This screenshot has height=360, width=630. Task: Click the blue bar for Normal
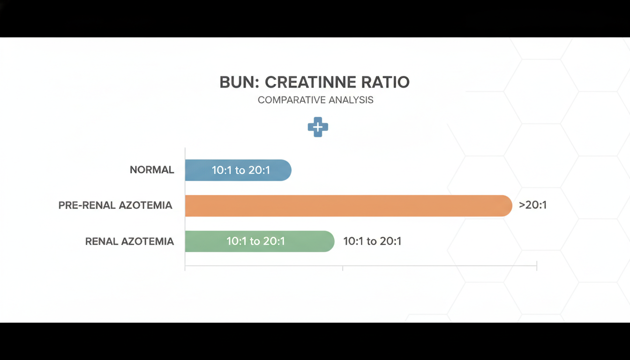[238, 170]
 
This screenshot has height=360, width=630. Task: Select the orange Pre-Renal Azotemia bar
[349, 206]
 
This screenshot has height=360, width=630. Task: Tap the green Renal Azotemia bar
[260, 241]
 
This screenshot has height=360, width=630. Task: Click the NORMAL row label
[152, 170]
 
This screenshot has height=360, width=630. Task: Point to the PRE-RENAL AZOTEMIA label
[115, 205]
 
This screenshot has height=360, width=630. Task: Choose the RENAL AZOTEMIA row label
[129, 241]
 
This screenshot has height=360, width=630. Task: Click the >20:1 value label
[532, 205]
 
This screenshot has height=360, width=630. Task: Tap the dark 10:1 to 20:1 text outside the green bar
[372, 241]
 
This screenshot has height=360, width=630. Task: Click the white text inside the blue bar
[241, 170]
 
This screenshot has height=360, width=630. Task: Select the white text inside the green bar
[255, 241]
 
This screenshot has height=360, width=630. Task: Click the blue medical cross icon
[318, 127]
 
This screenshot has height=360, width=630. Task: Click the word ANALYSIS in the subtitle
[351, 100]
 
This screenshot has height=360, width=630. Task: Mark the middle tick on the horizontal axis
[343, 268]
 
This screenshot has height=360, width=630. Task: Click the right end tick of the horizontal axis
[537, 266]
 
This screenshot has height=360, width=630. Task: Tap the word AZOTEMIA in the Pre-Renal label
[145, 205]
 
